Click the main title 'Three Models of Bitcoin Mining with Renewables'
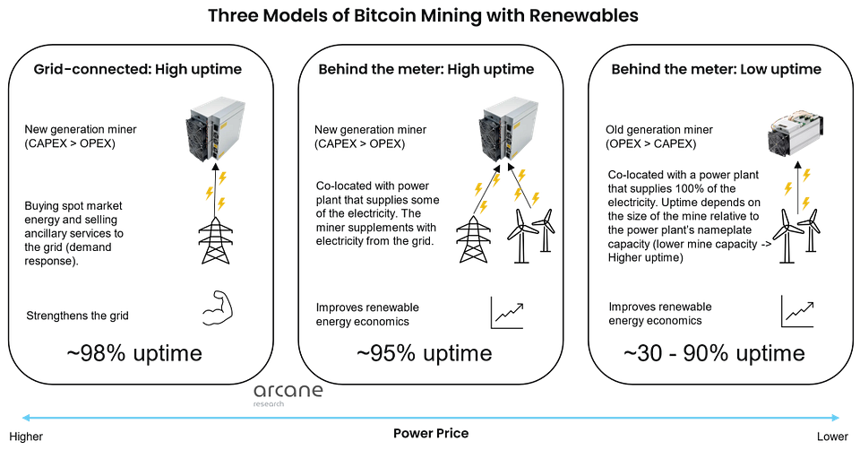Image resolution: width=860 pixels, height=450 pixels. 423,15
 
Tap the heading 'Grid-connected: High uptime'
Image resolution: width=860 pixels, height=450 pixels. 138,69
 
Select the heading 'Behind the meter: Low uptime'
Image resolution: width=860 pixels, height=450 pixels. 717,69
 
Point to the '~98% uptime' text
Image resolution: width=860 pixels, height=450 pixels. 134,353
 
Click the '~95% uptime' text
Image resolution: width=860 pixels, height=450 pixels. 424,353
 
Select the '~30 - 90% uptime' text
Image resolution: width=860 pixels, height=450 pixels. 714,353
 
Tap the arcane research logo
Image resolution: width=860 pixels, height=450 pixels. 288,394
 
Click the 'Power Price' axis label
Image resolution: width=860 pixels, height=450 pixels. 431,434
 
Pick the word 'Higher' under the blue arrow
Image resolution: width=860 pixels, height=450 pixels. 26,437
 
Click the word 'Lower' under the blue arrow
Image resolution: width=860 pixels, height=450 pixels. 832,437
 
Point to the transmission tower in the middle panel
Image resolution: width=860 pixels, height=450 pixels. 473,238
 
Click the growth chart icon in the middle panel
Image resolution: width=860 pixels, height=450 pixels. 507,313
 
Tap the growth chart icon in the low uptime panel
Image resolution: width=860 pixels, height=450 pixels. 797,311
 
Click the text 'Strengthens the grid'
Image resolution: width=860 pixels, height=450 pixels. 77,316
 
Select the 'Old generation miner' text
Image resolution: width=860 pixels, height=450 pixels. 659,130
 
